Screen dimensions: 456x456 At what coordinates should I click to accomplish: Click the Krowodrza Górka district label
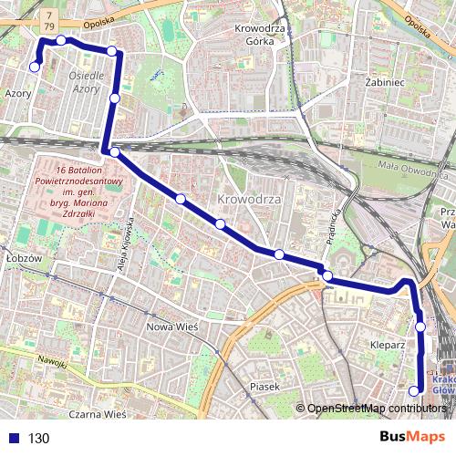261,35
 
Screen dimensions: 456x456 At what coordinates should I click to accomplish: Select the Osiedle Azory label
87,82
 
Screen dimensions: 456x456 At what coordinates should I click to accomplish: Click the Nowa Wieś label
172,325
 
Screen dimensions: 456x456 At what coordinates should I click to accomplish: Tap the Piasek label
263,387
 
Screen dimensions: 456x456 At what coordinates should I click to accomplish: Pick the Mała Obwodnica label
415,167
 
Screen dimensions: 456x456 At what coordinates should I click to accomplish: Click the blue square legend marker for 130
13,438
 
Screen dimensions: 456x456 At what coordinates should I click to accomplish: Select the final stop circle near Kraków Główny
414,391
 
